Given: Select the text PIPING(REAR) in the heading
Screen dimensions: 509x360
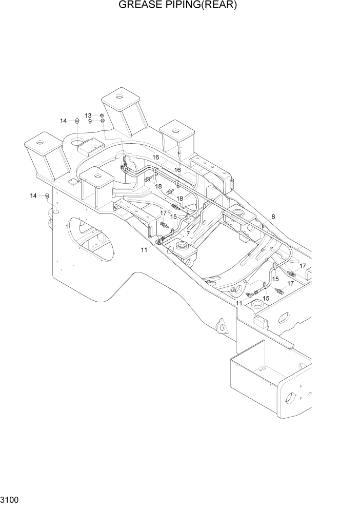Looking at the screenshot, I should pyautogui.click(x=204, y=6).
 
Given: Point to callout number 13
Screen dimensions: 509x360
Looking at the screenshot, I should pyautogui.click(x=89, y=115).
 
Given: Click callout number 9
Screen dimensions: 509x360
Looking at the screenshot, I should pyautogui.click(x=90, y=122).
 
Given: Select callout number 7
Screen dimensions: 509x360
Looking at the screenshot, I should pyautogui.click(x=188, y=233).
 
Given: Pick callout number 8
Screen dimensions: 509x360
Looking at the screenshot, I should pyautogui.click(x=273, y=217).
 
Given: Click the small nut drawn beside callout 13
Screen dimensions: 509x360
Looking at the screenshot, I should pyautogui.click(x=102, y=115).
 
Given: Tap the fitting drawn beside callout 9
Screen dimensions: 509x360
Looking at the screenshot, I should pyautogui.click(x=103, y=122).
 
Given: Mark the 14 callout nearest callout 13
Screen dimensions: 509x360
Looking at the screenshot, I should pyautogui.click(x=64, y=121).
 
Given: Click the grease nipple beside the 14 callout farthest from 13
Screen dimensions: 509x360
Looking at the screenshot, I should pyautogui.click(x=48, y=195).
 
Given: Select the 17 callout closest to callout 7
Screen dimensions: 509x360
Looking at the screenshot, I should pyautogui.click(x=163, y=213).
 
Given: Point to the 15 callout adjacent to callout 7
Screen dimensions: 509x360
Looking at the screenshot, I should pyautogui.click(x=174, y=217).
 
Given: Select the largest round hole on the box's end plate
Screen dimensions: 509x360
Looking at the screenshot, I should pyautogui.click(x=292, y=398).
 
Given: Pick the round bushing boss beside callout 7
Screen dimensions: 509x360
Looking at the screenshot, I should pyautogui.click(x=182, y=248).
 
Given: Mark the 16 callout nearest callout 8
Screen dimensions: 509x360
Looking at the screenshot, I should pyautogui.click(x=177, y=169).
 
